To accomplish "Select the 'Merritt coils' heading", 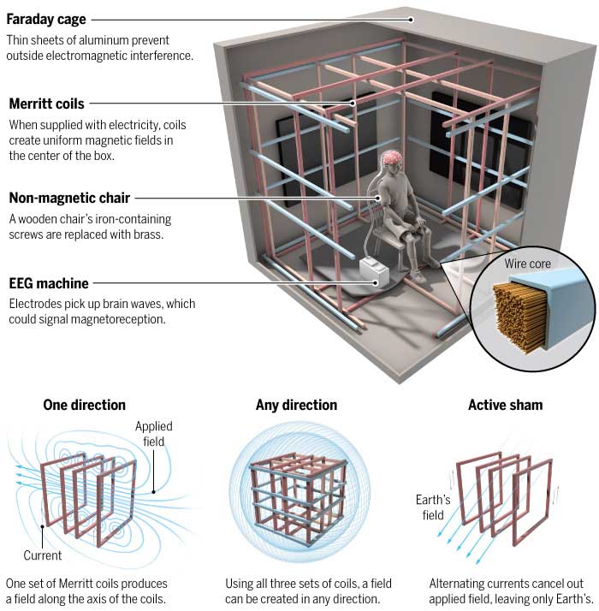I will (x=46, y=104).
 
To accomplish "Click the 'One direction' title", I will (x=84, y=405).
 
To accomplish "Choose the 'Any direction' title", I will (x=296, y=405).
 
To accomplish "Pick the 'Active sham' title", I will (x=505, y=405).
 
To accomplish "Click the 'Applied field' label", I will (x=155, y=433).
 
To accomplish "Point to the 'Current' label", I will (x=42, y=555).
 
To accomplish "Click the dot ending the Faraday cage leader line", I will (x=411, y=19).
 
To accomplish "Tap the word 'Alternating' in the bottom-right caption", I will (x=458, y=584).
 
